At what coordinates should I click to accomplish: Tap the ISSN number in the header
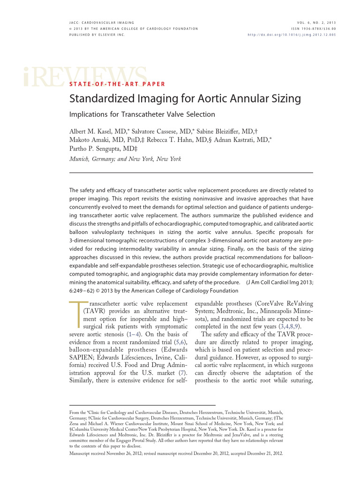point(313,29)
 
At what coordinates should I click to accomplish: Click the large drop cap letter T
point(79,317)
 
